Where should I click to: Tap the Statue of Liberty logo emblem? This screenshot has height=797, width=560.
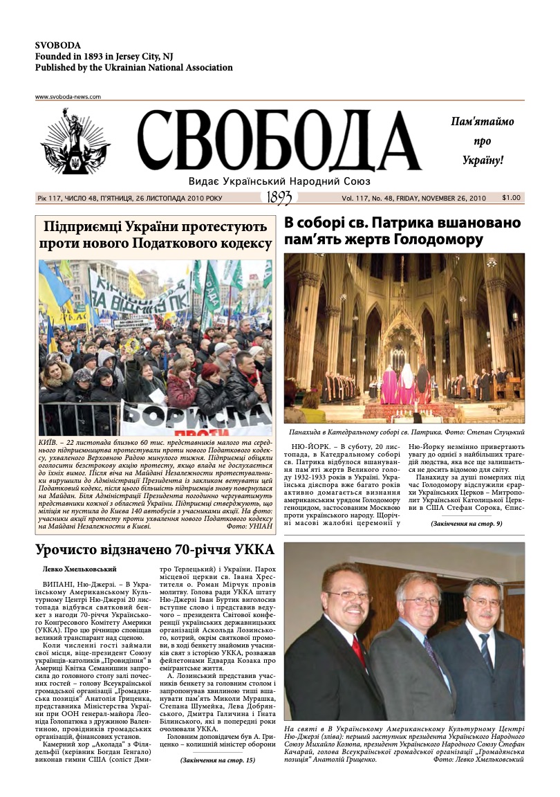[x=75, y=143]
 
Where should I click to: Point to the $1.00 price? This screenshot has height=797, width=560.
[x=511, y=198]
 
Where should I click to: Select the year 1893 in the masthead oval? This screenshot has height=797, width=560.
[x=279, y=198]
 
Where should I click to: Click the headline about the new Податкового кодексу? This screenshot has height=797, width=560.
[x=156, y=235]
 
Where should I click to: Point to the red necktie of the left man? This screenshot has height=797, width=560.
[x=358, y=650]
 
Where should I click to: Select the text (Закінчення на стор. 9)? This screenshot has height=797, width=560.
[x=466, y=524]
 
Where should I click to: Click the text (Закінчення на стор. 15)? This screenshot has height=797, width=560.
[x=218, y=760]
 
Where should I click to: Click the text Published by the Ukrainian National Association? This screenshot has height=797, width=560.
[x=133, y=68]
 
